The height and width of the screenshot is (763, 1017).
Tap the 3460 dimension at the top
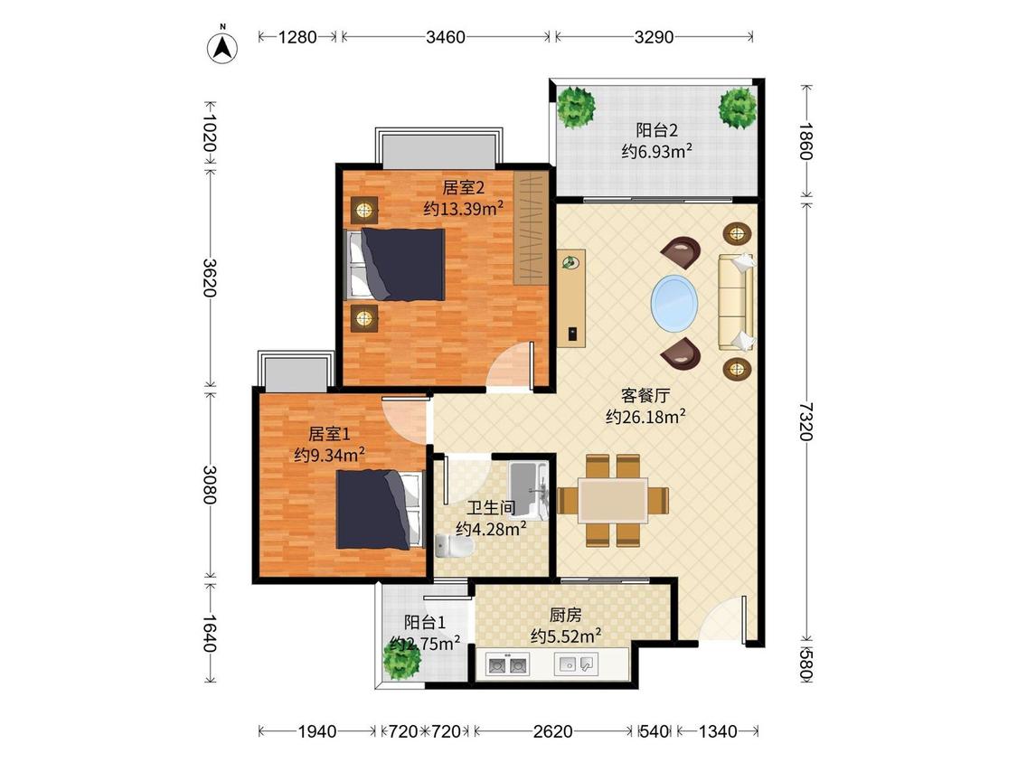pyautogui.click(x=446, y=37)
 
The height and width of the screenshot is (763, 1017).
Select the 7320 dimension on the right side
pyautogui.click(x=805, y=421)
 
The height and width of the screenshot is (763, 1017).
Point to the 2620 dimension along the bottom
pyautogui.click(x=552, y=732)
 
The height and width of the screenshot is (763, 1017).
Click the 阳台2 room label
pyautogui.click(x=656, y=130)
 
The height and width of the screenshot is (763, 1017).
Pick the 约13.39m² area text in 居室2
pyautogui.click(x=464, y=208)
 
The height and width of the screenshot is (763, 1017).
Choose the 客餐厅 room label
pyautogui.click(x=645, y=395)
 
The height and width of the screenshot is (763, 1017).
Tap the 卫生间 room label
pyautogui.click(x=491, y=507)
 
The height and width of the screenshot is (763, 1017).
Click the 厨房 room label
pyautogui.click(x=566, y=615)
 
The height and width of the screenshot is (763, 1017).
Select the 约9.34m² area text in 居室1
pyautogui.click(x=329, y=454)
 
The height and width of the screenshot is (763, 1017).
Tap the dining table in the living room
pyautogui.click(x=614, y=500)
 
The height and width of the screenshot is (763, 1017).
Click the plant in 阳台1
pyautogui.click(x=401, y=660)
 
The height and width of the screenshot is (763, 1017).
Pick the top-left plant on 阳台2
pyautogui.click(x=575, y=107)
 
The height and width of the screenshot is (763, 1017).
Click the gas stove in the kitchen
pyautogui.click(x=507, y=665)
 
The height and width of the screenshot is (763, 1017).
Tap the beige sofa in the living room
pyautogui.click(x=736, y=302)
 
